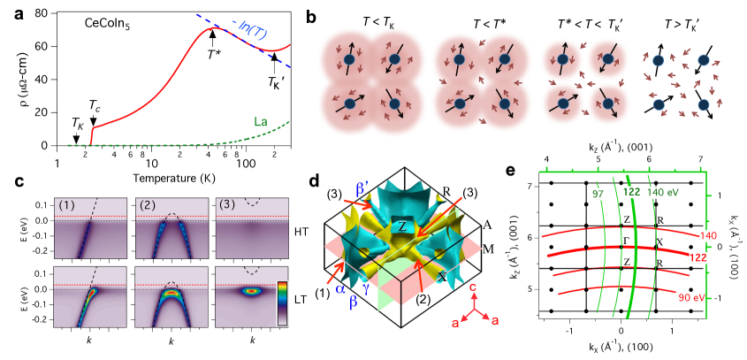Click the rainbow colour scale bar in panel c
(283, 304)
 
